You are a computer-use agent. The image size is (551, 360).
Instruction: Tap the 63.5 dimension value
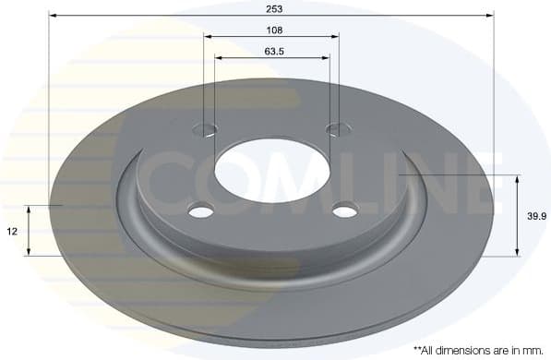pyautogui.click(x=273, y=51)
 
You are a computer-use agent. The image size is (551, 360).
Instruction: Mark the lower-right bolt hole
pyautogui.click(x=344, y=211)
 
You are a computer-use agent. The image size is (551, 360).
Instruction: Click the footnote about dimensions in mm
pyautogui.click(x=478, y=351)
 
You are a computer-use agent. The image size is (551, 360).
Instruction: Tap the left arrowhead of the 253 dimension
pyautogui.click(x=53, y=16)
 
